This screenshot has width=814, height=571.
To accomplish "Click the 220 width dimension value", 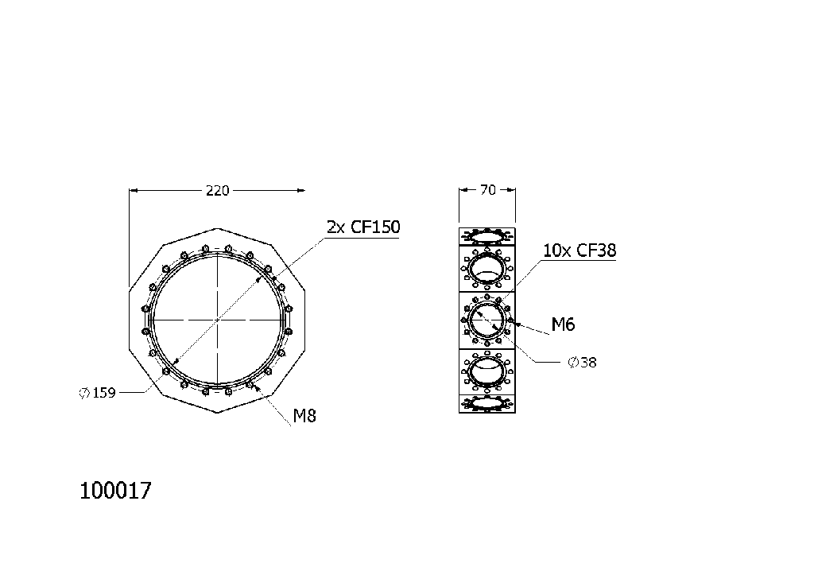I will pos(217,190).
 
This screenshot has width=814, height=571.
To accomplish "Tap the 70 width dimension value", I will pos(488,189).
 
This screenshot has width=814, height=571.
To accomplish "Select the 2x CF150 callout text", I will pos(363,227).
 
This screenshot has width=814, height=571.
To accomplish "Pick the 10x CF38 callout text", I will pos(579,251).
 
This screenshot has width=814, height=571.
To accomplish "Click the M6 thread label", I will pos(563,324).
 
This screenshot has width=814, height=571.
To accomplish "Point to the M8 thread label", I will pos(304,415).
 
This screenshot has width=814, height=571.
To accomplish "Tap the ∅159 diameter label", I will pos(98,392).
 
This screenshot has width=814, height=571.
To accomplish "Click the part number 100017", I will pos(115,491).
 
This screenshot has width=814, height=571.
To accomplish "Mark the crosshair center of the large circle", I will pos(217,320).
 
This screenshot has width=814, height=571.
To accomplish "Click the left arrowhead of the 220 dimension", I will pos(133,190).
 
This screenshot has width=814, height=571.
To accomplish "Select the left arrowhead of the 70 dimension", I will pos(463,189).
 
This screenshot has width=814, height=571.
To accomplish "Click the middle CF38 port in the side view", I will pos(487,320).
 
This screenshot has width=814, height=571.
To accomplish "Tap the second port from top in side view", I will pos(487,268).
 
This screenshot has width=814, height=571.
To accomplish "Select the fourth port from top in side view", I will pos(487,371).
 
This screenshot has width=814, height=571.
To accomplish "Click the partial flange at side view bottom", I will pos(487,404).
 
